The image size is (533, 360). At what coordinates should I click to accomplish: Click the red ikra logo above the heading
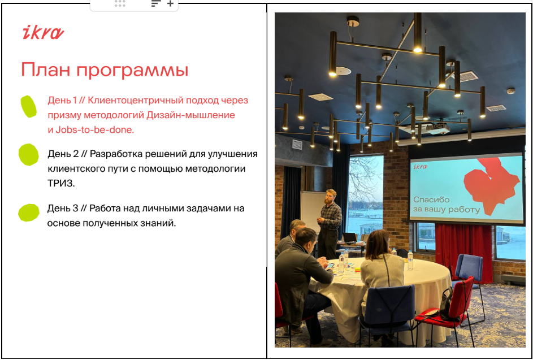click(x=43, y=33)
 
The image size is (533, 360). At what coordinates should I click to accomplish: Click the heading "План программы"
click(x=105, y=70)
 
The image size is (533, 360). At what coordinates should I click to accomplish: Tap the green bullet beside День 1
click(x=29, y=106)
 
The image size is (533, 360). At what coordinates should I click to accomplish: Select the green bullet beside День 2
click(x=29, y=155)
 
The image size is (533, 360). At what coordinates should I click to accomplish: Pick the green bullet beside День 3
click(x=29, y=213)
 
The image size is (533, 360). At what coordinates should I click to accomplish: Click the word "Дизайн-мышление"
click(x=190, y=115)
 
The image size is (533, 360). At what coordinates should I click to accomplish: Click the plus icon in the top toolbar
click(x=170, y=4)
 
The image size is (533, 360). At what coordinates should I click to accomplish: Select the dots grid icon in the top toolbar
click(x=120, y=4)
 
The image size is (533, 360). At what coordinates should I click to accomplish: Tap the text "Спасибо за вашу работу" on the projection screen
click(x=447, y=205)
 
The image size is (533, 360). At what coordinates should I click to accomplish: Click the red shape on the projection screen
click(x=492, y=185)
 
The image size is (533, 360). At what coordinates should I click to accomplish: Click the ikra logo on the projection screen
click(x=421, y=166)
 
